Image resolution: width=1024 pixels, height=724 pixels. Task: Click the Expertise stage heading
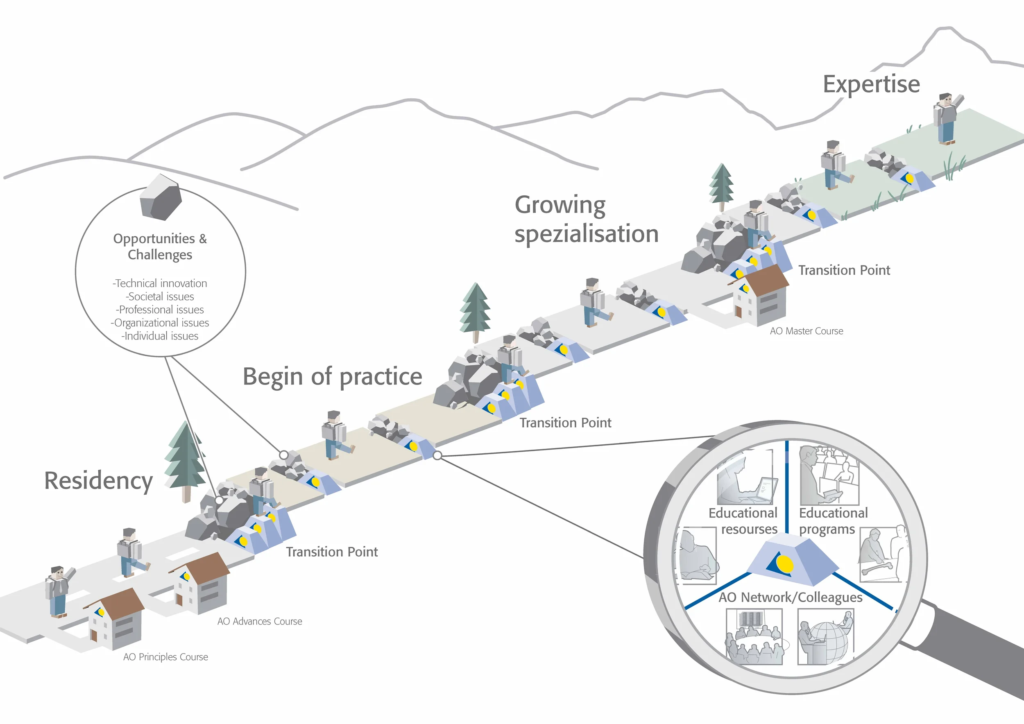871,84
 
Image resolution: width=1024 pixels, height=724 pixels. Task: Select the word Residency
99,481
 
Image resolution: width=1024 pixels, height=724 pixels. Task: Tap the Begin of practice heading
332,377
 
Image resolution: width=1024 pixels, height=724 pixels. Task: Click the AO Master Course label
807,331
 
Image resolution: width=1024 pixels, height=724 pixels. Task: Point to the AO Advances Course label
260,622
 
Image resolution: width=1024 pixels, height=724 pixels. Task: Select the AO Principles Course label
165,657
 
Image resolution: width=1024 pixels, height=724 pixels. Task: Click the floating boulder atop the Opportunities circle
161,197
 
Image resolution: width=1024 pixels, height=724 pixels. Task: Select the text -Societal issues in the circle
160,296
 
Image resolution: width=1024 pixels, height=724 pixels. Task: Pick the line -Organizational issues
160,323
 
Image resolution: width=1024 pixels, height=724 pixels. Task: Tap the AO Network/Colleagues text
790,597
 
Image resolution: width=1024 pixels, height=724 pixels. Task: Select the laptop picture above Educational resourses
746,479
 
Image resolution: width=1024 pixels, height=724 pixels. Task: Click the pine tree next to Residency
185,462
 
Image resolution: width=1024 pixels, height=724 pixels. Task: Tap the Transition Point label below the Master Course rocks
844,271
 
